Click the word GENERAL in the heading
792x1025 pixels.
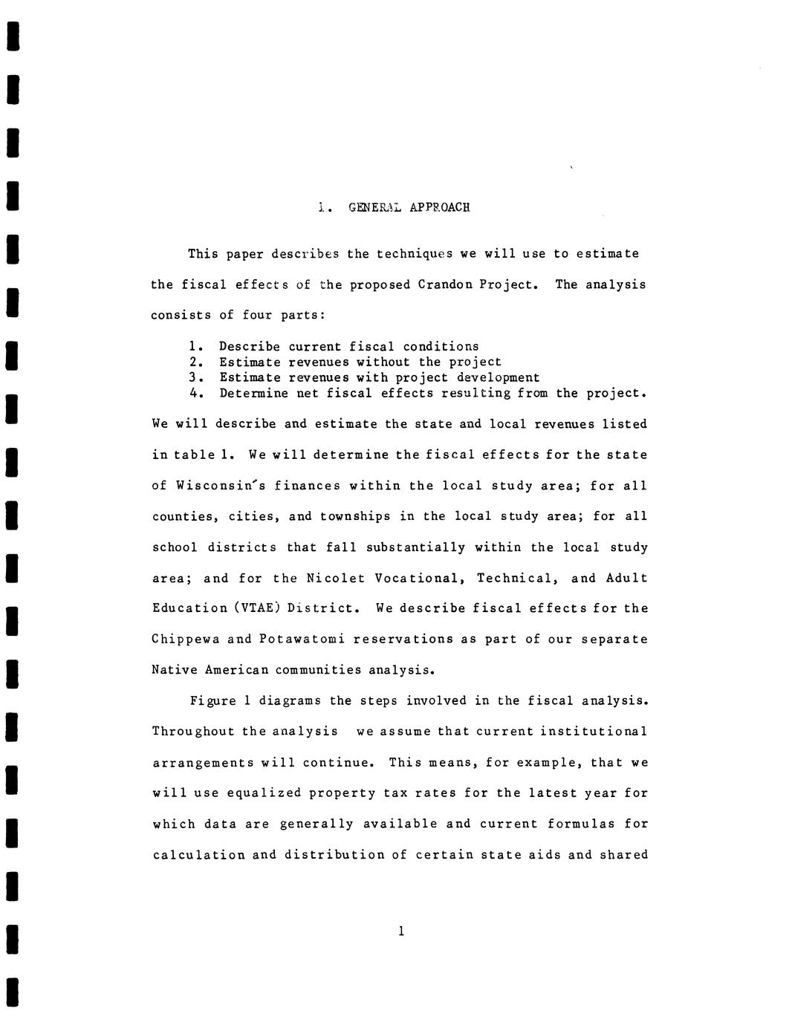point(374,207)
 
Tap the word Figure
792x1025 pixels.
point(212,701)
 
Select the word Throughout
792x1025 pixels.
point(193,732)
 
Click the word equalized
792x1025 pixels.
point(264,793)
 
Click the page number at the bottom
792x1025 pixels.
point(401,931)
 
